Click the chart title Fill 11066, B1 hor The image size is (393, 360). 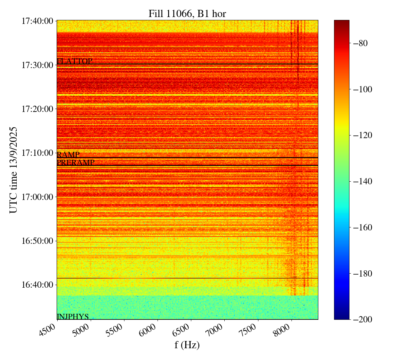(x=187, y=14)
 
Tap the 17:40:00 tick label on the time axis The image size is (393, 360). (x=37, y=21)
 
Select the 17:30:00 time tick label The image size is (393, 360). (x=37, y=65)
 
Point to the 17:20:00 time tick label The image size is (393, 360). (x=37, y=109)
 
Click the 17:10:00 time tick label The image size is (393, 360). (x=37, y=153)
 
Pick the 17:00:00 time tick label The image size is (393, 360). (x=37, y=197)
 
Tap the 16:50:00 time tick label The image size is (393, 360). (x=37, y=241)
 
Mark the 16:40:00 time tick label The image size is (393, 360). (x=37, y=285)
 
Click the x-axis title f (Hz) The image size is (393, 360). (x=187, y=345)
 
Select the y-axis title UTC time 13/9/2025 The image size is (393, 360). (x=13, y=170)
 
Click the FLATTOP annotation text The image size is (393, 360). (x=75, y=61)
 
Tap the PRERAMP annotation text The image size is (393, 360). (x=76, y=163)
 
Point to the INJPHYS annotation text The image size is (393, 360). (x=73, y=317)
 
